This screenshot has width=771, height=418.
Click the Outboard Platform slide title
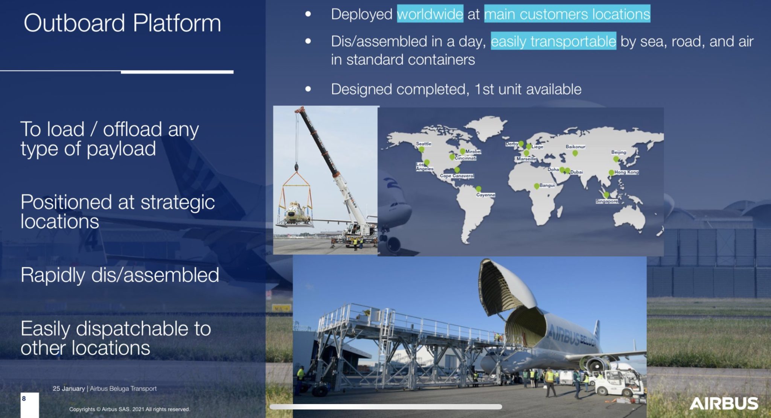(122, 23)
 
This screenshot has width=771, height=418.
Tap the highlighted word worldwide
(430, 14)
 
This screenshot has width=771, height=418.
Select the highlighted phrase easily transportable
(553, 41)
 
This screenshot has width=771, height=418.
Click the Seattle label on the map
(423, 144)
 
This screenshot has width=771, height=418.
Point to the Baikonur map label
(575, 147)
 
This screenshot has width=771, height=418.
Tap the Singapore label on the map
(606, 201)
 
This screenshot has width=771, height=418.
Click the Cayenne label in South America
(485, 195)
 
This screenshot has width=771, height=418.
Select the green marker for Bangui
(536, 186)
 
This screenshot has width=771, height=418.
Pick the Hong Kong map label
(626, 172)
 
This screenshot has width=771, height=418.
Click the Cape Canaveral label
(457, 176)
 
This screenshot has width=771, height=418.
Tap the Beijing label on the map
(619, 152)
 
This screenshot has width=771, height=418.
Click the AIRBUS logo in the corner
(724, 403)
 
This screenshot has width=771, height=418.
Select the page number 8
(24, 398)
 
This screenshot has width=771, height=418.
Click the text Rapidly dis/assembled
(120, 275)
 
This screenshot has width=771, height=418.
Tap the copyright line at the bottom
(130, 409)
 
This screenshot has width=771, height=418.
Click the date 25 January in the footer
(69, 389)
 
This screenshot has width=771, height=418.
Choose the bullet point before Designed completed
(308, 89)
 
